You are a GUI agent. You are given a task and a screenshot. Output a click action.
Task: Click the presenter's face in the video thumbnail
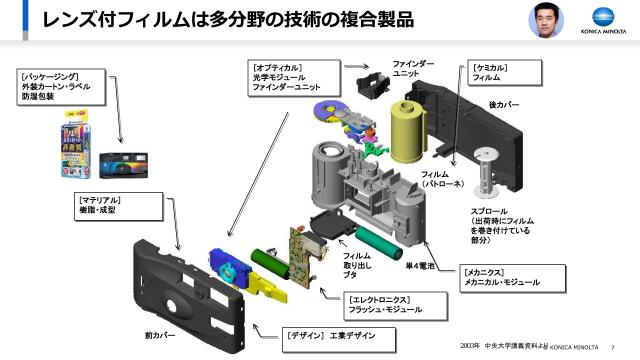[x=544, y=17]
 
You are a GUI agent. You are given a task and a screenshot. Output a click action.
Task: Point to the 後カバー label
[x=503, y=104]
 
